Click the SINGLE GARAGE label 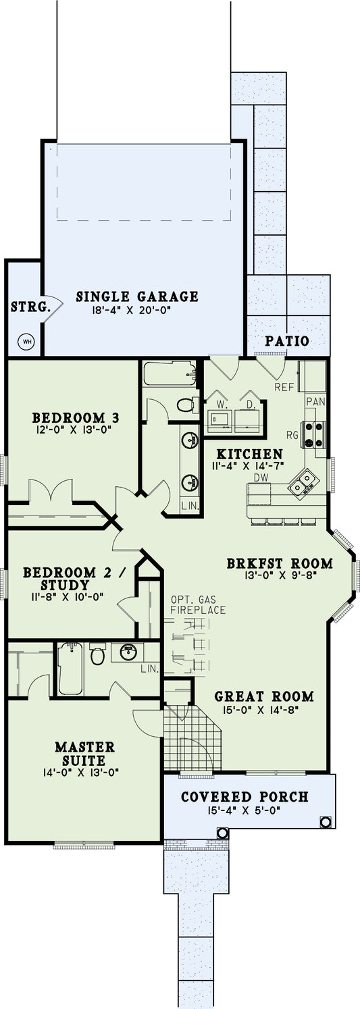coord(147,296)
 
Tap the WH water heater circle coord(27,341)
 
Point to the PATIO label coord(287,341)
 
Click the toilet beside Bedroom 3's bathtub coord(184,405)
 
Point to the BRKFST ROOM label coord(280,563)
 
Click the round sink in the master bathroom coord(128,652)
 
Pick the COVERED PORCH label coord(245,797)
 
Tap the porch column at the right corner coord(325,822)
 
